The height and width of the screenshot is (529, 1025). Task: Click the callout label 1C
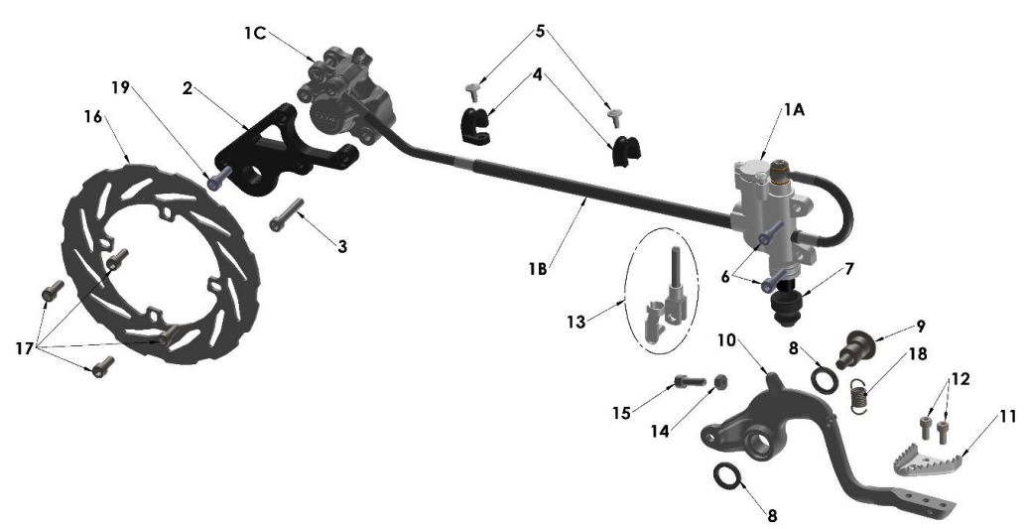pos(255,32)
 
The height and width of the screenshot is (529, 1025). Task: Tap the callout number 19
pos(120,87)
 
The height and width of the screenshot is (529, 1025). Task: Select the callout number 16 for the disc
pos(93,116)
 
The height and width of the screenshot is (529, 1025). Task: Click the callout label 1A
pos(794,110)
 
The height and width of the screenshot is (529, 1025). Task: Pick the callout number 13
pos(576,323)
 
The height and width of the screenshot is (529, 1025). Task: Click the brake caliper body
pos(345,92)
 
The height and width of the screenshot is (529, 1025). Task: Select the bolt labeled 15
pos(687,379)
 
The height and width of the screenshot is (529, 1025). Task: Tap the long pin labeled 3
pos(287,213)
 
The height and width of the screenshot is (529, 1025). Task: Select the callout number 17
pos(24,348)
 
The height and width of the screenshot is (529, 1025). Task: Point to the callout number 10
pos(726,340)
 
